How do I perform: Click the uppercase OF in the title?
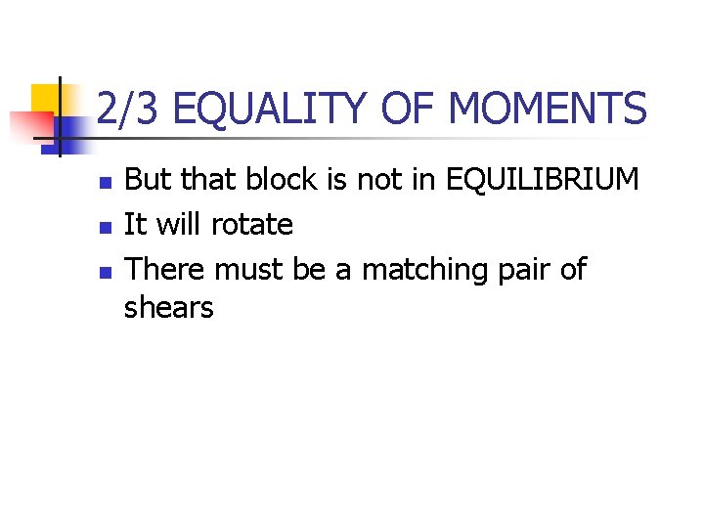(x=410, y=109)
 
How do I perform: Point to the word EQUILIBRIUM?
(x=543, y=180)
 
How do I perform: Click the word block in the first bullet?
(x=280, y=180)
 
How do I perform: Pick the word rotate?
(x=252, y=225)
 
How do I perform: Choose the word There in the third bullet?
(x=164, y=269)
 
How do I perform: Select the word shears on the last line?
(x=168, y=309)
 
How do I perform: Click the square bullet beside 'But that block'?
(x=104, y=182)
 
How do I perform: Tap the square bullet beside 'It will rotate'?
(x=104, y=227)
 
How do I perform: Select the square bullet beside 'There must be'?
(x=104, y=271)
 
